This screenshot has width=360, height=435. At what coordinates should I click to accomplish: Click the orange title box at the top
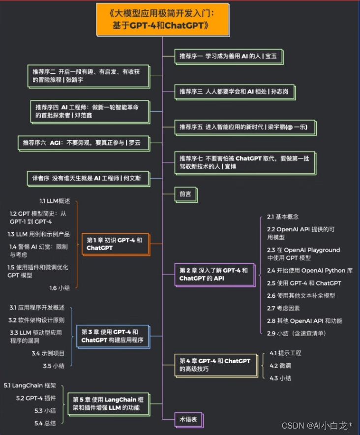162,19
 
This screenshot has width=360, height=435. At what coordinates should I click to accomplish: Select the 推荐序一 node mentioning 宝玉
228,57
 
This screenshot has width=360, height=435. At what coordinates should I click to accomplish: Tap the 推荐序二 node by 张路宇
87,75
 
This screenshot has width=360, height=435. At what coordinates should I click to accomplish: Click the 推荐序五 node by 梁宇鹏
244,127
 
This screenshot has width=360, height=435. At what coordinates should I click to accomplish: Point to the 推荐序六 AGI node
82,143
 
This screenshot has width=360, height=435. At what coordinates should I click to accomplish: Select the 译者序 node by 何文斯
88,178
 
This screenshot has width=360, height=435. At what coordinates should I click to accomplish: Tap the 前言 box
185,194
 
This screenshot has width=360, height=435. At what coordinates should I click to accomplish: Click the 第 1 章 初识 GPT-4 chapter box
115,244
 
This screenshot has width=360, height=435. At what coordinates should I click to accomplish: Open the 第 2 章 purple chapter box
213,275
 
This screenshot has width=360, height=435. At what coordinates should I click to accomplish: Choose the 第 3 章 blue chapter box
112,336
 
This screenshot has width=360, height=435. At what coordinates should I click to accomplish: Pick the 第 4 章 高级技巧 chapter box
215,365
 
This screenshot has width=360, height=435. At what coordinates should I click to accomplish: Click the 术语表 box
188,420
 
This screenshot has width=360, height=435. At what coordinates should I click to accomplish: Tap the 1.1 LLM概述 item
55,201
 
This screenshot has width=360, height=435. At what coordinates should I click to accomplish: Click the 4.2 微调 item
280,366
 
